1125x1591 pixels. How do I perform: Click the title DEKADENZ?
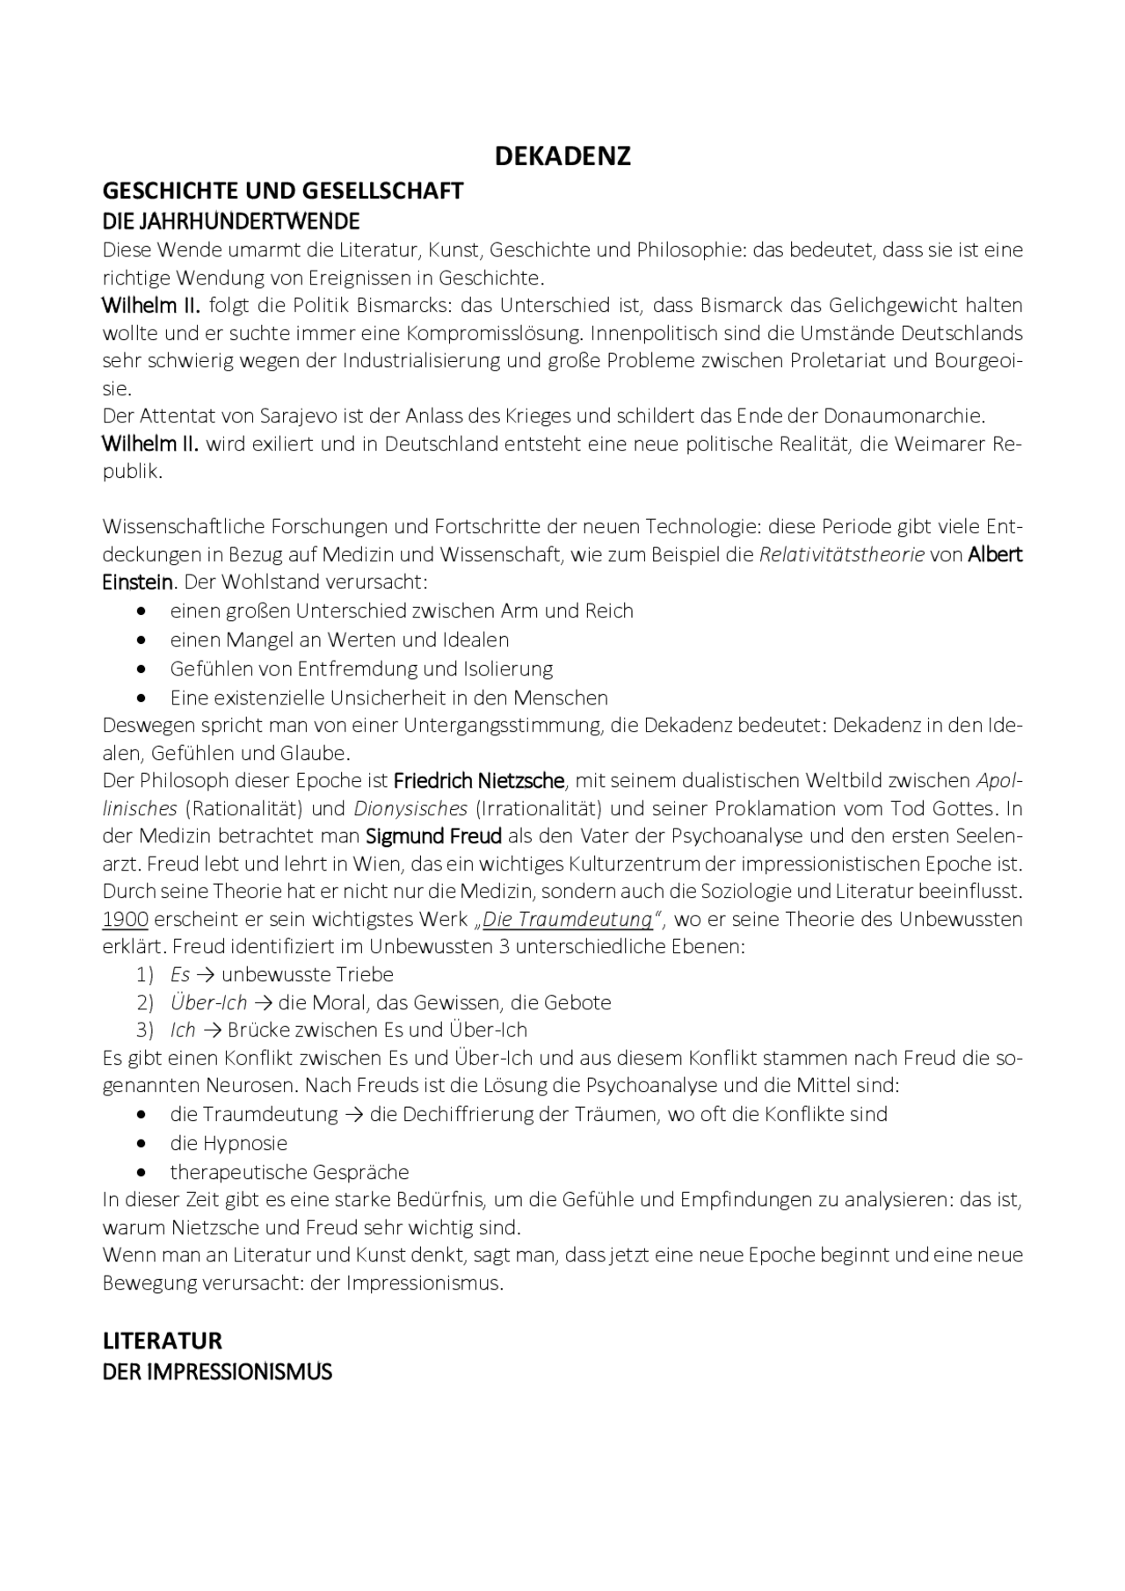[x=562, y=156]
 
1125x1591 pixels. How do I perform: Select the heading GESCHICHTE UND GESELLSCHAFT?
[x=282, y=191]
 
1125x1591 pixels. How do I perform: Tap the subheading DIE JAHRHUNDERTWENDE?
[x=231, y=220]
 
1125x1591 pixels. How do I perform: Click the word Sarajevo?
[x=254, y=415]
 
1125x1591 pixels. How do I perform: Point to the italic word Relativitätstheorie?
[x=841, y=554]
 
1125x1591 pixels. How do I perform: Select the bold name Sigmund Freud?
[x=433, y=835]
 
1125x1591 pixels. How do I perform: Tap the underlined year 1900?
[x=125, y=919]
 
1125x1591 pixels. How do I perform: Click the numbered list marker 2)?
[x=145, y=1002]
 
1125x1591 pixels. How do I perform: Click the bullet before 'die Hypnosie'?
[x=142, y=1144]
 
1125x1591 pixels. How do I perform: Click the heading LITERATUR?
[x=162, y=1341]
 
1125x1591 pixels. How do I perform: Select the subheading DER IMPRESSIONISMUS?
[x=217, y=1371]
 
